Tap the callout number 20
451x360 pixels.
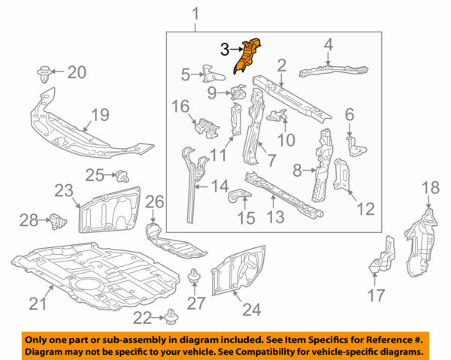click(x=77, y=73)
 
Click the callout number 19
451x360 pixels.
click(x=101, y=116)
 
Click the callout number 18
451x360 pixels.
click(x=429, y=187)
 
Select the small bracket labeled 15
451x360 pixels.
click(x=239, y=198)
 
